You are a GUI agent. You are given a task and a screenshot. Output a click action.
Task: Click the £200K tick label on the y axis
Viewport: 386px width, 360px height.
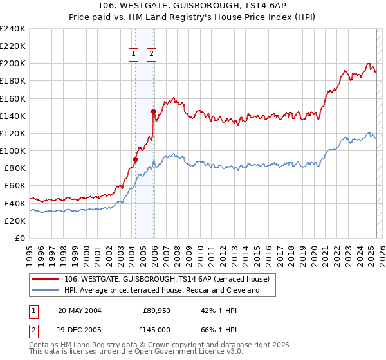pos(13,64)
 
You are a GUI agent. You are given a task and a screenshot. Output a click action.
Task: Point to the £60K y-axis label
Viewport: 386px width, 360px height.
pos(15,186)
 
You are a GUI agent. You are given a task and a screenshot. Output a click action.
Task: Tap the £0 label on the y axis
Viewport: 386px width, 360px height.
pos(21,238)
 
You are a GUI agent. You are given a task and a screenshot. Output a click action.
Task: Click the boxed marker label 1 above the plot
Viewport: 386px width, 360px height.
pos(134,55)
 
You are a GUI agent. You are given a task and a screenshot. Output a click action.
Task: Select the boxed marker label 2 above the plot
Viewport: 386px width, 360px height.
pos(151,55)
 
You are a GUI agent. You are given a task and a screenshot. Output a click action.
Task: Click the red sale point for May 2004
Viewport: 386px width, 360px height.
pos(136,159)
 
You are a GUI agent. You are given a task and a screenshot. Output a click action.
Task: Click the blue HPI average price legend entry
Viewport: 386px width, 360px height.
pos(161,290)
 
